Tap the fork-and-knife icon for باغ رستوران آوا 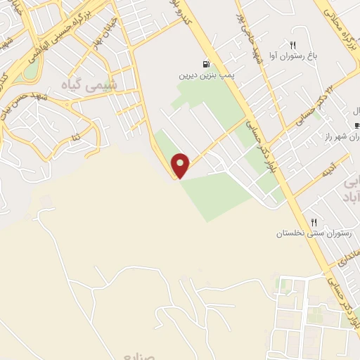[x=293, y=44]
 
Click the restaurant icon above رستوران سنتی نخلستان [x=314, y=221]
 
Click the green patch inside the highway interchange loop [x=30, y=70]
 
